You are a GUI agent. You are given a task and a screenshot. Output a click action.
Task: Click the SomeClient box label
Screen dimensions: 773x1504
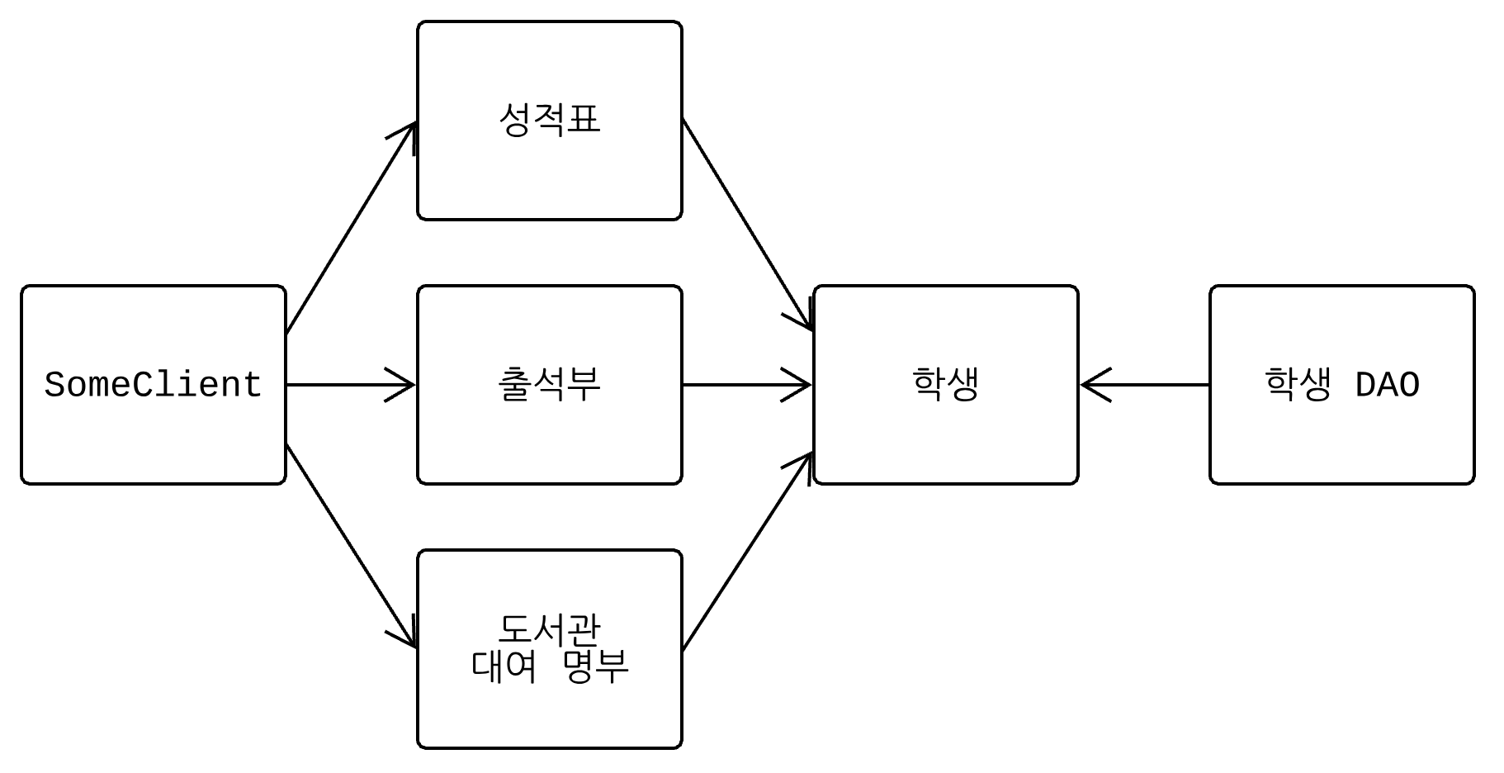[x=153, y=386]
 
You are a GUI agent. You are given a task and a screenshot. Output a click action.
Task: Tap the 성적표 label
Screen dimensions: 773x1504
[x=550, y=121]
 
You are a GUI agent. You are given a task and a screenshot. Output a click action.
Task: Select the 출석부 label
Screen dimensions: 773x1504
[x=550, y=385]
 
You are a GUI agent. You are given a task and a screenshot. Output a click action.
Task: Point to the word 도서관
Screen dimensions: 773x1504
[x=550, y=631]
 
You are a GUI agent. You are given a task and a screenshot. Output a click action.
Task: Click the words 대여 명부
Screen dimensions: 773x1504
[x=550, y=666]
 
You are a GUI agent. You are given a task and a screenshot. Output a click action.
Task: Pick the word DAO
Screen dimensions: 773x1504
[x=1387, y=386]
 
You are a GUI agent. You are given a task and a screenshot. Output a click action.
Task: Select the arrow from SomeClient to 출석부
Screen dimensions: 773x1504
[x=350, y=385]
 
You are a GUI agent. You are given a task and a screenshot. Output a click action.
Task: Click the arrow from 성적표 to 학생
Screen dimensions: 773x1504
[x=746, y=225]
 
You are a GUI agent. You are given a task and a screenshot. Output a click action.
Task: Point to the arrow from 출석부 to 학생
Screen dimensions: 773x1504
[x=746, y=385]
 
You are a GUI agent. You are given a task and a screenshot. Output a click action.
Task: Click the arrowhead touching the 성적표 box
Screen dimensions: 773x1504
[x=406, y=135]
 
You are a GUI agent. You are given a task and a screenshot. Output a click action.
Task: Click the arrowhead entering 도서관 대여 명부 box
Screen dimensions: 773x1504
[x=406, y=636]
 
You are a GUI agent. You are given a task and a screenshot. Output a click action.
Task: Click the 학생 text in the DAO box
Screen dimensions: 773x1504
[x=1298, y=385]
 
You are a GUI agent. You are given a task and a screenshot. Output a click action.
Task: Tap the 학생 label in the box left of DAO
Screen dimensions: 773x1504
[x=945, y=385]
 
